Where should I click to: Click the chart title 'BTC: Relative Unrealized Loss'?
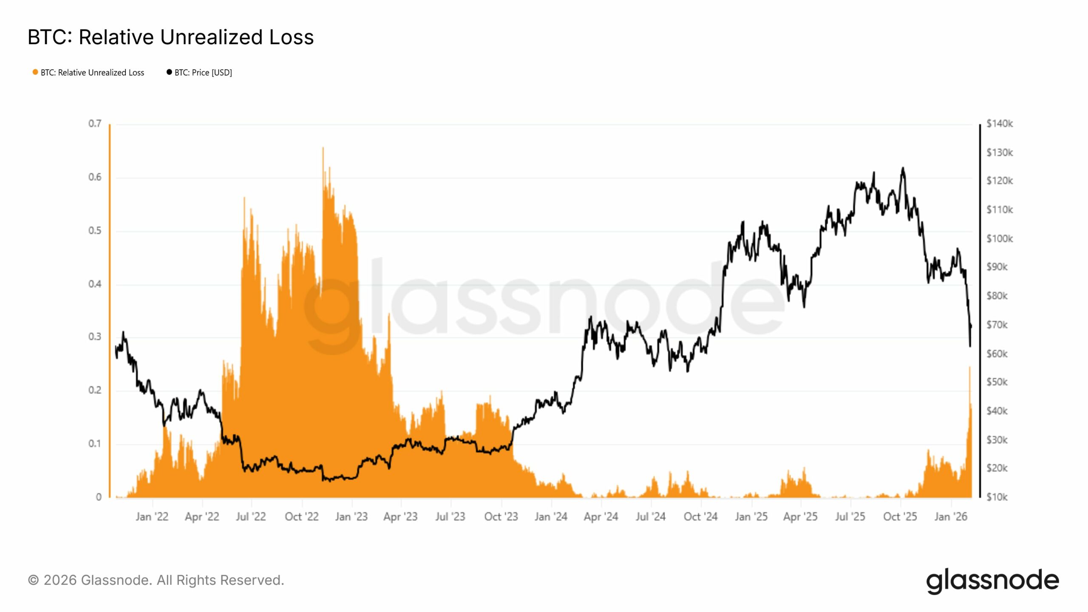pos(170,37)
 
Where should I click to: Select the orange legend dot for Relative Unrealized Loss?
pos(35,72)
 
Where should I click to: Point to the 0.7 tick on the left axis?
pos(95,124)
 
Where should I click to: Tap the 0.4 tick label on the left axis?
pos(95,284)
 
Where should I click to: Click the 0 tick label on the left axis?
pos(99,497)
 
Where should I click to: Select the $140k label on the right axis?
pos(999,124)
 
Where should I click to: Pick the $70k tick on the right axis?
pos(997,325)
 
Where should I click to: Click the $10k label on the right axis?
pos(997,497)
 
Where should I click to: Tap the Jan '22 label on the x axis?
pos(152,517)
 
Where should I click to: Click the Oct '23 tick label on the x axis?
pos(501,517)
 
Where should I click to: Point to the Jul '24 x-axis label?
pos(650,517)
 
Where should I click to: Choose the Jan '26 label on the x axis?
pos(950,517)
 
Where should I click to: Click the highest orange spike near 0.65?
pos(323,148)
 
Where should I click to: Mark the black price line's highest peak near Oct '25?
pos(903,168)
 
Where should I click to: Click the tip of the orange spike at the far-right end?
pos(969,367)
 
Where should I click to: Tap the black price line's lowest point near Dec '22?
pos(330,481)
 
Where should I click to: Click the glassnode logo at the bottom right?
pos(992,581)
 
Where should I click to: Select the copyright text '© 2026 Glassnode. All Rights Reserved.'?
pos(156,580)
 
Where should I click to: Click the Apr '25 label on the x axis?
pos(800,517)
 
